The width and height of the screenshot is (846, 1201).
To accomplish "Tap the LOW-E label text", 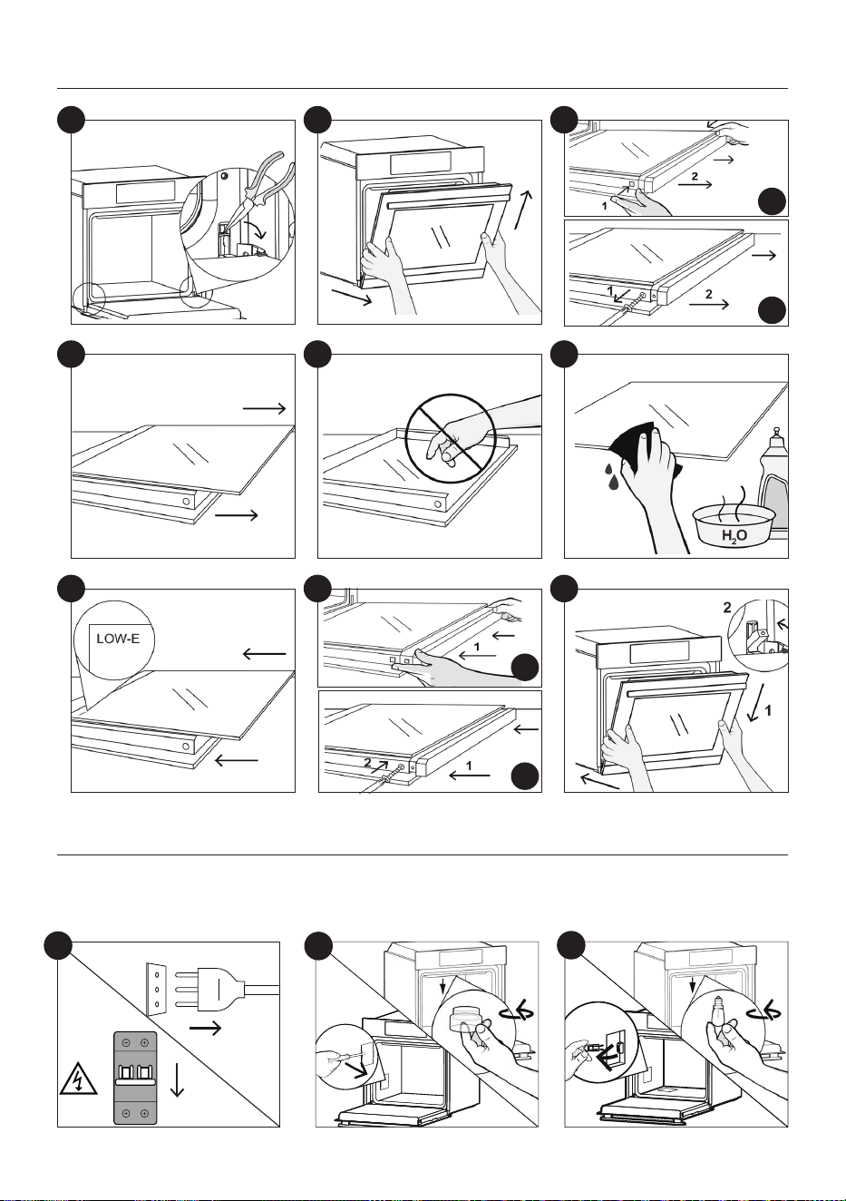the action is [118, 640].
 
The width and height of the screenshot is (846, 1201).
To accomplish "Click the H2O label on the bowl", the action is [734, 535].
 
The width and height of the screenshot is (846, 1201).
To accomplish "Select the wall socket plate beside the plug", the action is [156, 990].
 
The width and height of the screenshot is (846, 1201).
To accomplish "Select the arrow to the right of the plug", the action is [205, 1028].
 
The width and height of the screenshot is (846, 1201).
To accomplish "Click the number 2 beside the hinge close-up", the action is [727, 608].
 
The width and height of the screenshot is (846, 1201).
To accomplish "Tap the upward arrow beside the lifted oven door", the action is [524, 210].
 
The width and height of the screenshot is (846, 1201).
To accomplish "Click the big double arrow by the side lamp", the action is [601, 1058].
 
